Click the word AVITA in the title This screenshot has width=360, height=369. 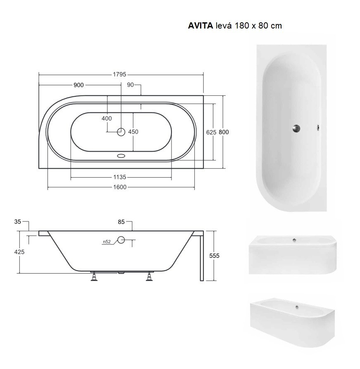[201, 26]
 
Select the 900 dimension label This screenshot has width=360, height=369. [79, 85]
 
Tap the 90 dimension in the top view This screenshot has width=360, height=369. [131, 85]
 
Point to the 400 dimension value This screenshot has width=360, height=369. [107, 119]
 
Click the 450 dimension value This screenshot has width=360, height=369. [133, 132]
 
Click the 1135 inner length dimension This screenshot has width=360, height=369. [120, 178]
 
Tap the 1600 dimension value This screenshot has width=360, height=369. [120, 187]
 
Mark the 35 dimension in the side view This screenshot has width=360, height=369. [17, 222]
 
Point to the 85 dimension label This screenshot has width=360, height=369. [121, 222]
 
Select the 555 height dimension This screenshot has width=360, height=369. [214, 256]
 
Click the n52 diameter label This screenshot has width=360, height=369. [107, 242]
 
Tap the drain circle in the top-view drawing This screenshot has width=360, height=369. [121, 132]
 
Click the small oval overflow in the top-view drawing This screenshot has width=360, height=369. [121, 156]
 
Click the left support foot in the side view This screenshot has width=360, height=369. [95, 277]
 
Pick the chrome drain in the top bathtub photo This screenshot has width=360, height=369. [296, 128]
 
